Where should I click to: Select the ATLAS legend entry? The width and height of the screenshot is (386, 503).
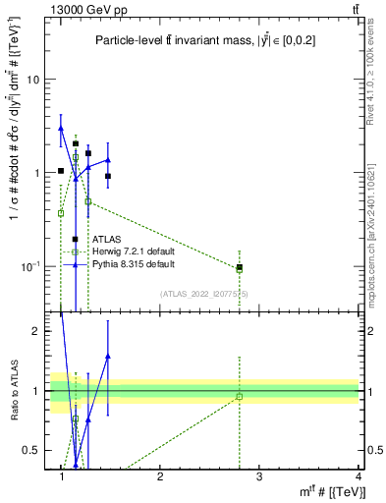pos(107,239)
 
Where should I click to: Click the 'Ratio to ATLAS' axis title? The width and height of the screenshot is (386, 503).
pos(15,391)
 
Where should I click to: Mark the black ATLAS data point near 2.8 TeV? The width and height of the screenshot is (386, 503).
pos(240,267)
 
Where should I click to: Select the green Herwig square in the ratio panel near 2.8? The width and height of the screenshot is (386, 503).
pos(240,397)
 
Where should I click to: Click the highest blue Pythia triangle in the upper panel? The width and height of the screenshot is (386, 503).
pos(61,128)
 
